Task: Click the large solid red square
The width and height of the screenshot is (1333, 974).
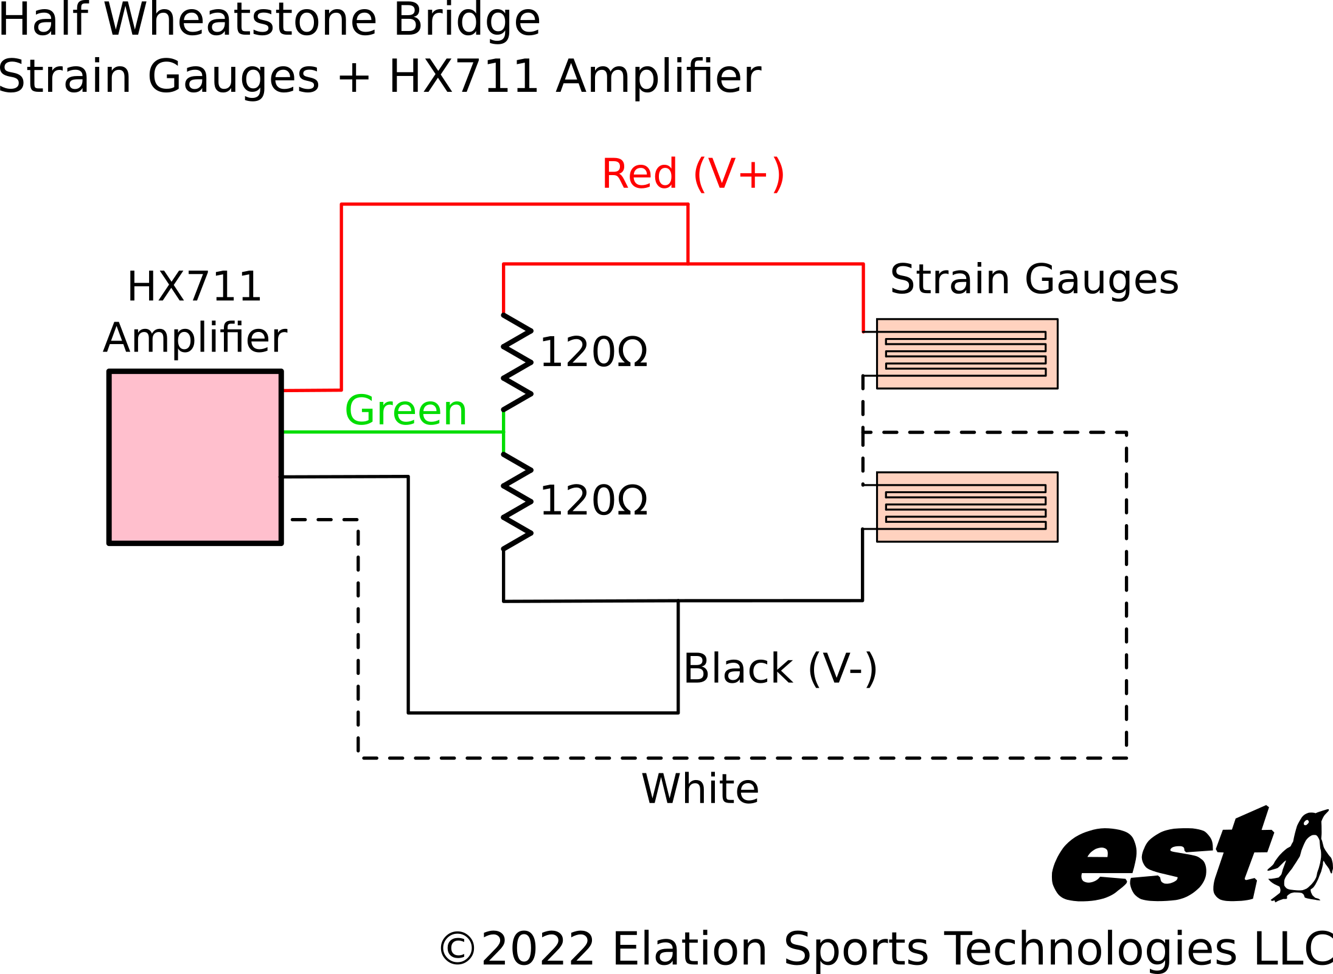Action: coord(195,457)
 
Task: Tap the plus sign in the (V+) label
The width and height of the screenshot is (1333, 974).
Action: coord(753,175)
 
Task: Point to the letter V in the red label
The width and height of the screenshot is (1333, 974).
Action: coord(722,174)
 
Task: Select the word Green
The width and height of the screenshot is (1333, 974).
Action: coord(406,411)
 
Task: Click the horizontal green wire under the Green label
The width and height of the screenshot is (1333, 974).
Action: coord(395,432)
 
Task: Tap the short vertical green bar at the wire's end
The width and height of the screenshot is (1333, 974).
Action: coord(504,432)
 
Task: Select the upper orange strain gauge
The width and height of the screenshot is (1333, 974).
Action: coord(967,354)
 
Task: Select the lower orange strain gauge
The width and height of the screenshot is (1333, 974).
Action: coord(967,507)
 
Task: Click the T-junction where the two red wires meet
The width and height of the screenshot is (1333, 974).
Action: coord(688,264)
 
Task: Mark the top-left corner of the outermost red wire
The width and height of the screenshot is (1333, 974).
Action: coord(341,205)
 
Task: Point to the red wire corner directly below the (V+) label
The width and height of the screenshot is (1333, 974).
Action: coord(688,205)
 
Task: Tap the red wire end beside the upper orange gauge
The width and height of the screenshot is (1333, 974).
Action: coord(863,330)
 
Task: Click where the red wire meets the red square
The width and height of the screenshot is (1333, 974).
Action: coord(285,390)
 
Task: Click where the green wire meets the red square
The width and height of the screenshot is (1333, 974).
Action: coord(285,432)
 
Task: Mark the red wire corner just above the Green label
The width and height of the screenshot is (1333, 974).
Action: coord(341,390)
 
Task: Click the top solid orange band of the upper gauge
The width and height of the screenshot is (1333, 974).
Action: coord(967,326)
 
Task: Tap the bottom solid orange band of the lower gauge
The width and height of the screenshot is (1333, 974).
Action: coord(967,535)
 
